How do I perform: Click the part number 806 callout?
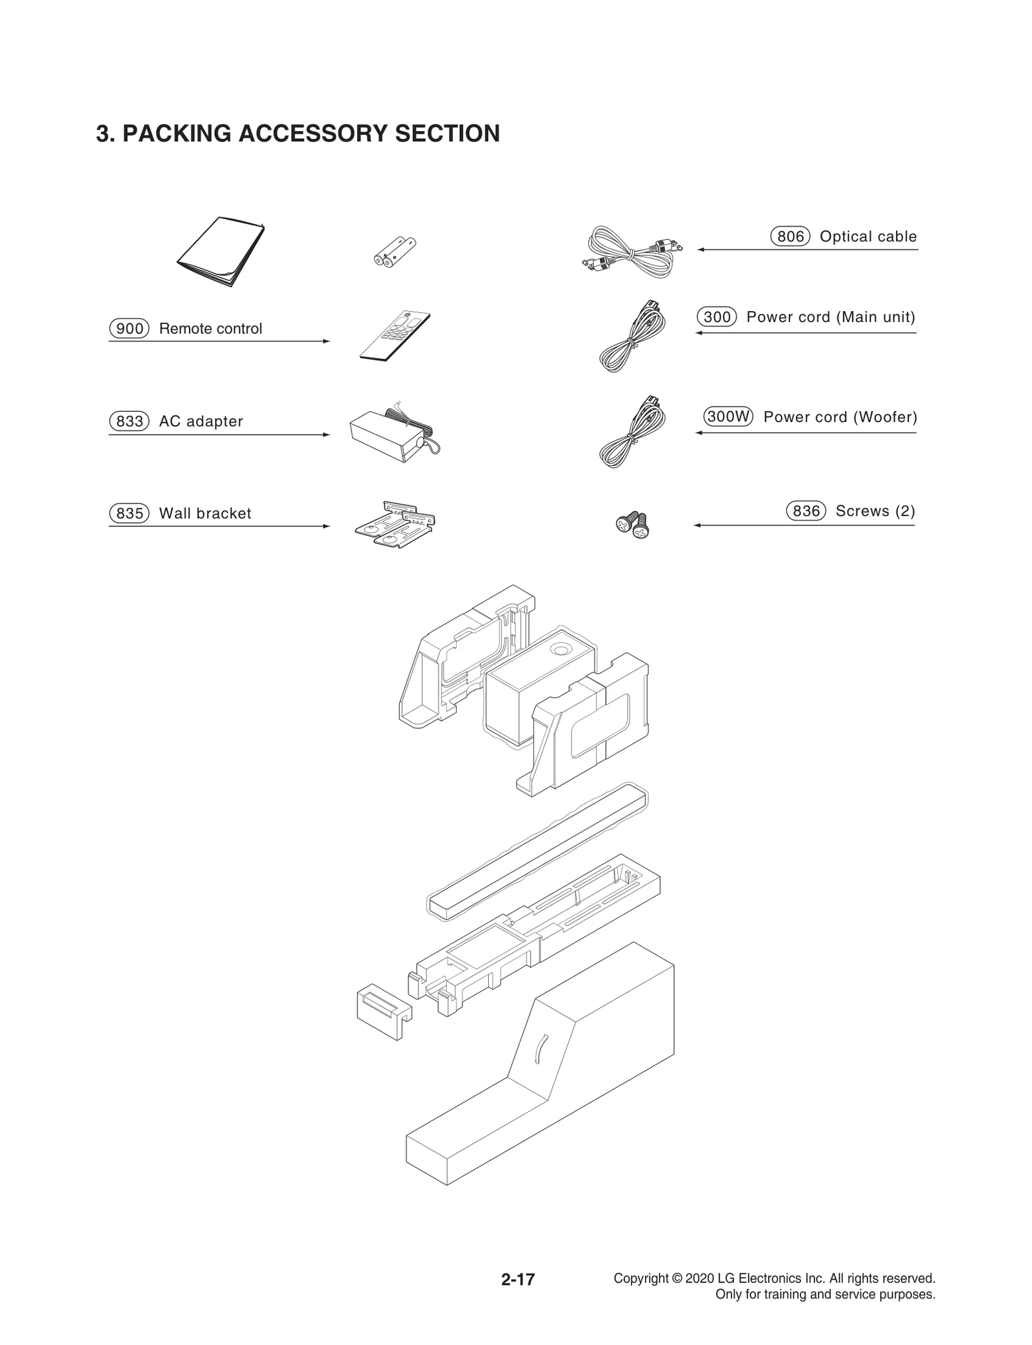(x=789, y=237)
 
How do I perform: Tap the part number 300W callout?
(x=728, y=417)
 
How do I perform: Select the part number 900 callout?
(x=129, y=329)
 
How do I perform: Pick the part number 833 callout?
(x=129, y=421)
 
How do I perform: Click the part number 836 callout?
(x=806, y=511)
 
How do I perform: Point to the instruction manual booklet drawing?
(x=221, y=251)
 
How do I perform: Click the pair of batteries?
(x=395, y=252)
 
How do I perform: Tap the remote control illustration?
(x=395, y=336)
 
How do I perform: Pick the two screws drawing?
(x=632, y=523)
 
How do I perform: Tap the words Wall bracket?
(x=205, y=514)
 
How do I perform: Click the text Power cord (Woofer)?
(x=840, y=417)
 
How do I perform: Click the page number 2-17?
(x=518, y=1279)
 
